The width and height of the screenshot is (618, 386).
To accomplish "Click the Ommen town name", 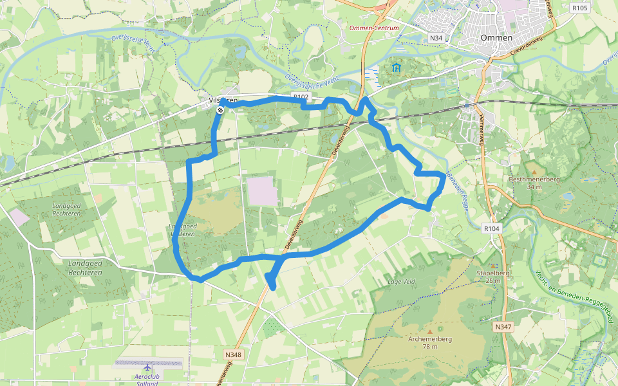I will click(496, 38).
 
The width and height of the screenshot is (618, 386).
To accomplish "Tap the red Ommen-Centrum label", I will click(374, 28).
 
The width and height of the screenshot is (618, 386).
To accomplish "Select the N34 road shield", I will click(436, 38).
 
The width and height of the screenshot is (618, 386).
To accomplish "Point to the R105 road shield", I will click(579, 8).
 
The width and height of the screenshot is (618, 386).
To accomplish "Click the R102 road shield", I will click(300, 96).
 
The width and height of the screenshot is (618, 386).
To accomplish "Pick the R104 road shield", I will click(491, 228).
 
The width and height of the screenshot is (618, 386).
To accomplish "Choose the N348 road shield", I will click(233, 354).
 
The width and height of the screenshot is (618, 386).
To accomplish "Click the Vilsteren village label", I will click(223, 100).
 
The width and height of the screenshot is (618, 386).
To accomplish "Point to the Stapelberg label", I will click(493, 273).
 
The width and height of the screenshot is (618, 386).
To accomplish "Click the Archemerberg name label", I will click(430, 339).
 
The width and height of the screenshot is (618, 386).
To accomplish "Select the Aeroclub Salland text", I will click(147, 379).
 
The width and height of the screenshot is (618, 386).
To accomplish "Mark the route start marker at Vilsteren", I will click(220, 110).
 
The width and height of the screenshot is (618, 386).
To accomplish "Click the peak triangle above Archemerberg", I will click(430, 331).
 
